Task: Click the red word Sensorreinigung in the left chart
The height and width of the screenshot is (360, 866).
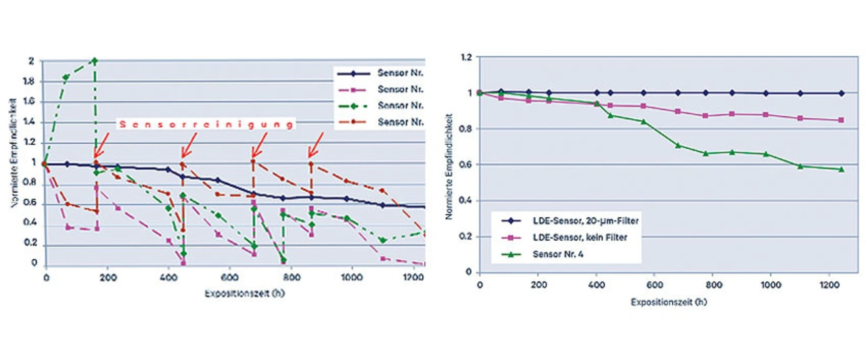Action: (x=207, y=124)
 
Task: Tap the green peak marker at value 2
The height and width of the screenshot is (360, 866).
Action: (x=95, y=60)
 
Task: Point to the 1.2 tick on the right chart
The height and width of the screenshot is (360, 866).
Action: (x=465, y=57)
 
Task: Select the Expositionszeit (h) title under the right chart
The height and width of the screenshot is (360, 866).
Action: (x=660, y=301)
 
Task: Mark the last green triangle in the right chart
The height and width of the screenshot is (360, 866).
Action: (x=841, y=169)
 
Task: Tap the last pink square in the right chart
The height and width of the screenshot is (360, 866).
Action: (x=841, y=120)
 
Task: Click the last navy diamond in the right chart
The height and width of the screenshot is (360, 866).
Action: (x=841, y=93)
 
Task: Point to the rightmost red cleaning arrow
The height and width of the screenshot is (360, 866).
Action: (x=315, y=143)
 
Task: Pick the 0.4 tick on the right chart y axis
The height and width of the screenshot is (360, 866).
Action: (x=465, y=200)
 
